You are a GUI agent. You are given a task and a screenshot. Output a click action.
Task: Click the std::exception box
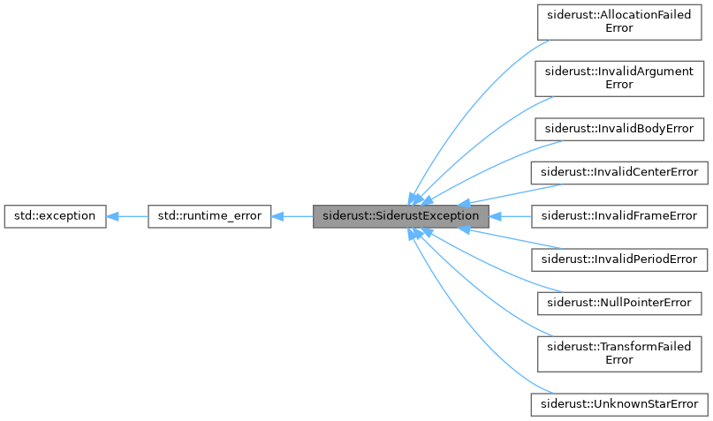[x=55, y=215]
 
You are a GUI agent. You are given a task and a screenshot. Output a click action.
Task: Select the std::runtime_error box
[x=209, y=215]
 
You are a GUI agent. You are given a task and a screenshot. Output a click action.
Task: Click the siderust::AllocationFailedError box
[x=618, y=21]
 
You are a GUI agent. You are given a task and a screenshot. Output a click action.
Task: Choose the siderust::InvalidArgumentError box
[x=618, y=78]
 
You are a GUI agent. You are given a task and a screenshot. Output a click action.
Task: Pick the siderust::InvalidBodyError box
[x=618, y=129]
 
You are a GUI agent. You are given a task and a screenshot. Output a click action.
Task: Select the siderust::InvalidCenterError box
[x=618, y=172]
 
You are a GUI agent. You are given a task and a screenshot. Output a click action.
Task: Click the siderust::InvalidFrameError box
[x=618, y=215]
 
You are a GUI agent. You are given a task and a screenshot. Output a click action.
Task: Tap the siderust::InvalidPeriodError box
[x=618, y=259]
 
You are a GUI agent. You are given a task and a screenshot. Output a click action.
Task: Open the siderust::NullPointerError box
[x=618, y=302]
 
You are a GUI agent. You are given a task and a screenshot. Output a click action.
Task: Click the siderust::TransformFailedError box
[x=618, y=353]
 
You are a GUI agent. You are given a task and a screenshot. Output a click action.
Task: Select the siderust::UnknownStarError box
[x=618, y=404]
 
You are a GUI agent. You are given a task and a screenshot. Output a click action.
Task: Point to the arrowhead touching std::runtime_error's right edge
[x=277, y=215]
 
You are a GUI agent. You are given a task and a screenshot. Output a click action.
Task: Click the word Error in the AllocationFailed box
[x=618, y=28]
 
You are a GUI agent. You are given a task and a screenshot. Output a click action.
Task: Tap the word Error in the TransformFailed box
[x=618, y=360]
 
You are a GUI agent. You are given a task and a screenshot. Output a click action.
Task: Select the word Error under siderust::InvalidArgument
[x=618, y=85]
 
